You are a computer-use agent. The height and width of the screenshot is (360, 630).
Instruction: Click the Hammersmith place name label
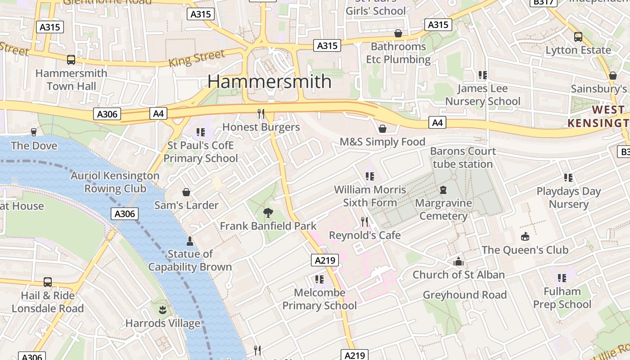[269, 81]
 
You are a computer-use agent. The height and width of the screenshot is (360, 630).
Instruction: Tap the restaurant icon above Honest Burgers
[261, 113]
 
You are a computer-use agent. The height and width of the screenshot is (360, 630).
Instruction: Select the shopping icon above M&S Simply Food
[382, 129]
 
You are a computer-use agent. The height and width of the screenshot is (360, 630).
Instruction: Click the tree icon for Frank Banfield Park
[268, 212]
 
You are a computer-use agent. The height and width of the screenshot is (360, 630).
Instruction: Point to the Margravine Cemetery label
[443, 209]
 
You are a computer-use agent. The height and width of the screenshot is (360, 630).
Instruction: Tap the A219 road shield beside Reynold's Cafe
[324, 260]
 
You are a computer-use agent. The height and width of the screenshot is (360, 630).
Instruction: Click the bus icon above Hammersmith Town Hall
[71, 59]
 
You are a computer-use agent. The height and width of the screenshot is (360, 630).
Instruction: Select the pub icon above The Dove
[34, 132]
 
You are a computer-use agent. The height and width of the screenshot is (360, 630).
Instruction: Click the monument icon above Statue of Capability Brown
[190, 241]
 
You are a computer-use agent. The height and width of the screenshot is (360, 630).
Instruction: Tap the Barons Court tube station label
[463, 157]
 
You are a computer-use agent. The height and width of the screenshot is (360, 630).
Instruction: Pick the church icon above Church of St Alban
[459, 261]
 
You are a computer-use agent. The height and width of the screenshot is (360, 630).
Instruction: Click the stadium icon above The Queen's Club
[525, 237]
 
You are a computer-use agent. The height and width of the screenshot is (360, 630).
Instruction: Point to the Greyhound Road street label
[465, 295]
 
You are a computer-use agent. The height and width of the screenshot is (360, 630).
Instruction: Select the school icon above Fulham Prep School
[562, 278]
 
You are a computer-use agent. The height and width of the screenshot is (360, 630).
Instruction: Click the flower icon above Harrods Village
[162, 310]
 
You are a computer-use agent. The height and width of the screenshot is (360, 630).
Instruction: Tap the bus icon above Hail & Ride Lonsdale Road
[48, 282]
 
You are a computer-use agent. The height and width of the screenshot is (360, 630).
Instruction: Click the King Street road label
[197, 58]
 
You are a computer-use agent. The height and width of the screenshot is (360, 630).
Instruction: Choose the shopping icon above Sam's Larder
[186, 192]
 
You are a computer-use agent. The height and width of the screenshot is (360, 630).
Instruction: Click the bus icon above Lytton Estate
[578, 37]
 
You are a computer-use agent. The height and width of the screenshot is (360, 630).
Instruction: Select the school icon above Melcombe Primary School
[319, 279]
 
